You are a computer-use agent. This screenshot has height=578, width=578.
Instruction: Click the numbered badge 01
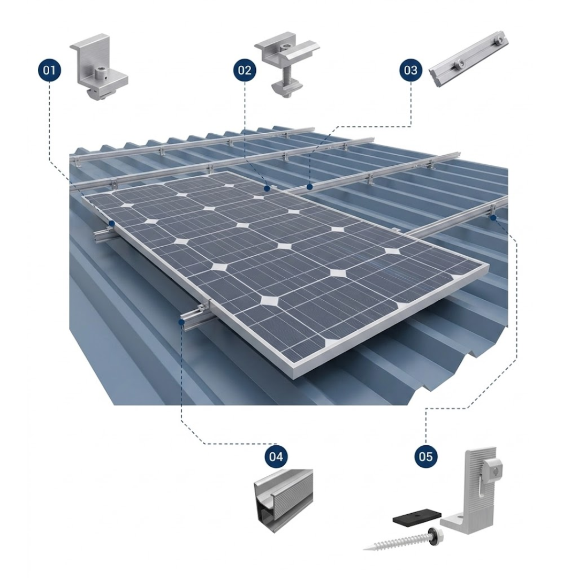pos(49,70)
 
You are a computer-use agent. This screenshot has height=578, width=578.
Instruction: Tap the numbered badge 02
pos(245,70)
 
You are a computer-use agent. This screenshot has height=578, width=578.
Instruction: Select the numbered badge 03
pos(410,70)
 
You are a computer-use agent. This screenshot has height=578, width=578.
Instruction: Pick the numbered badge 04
pos(276,457)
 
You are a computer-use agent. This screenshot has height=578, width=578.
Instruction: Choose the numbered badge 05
pos(426,457)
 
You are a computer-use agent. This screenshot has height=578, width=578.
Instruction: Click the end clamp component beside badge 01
pos(99,68)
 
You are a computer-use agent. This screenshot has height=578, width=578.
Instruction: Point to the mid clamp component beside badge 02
pos(286,66)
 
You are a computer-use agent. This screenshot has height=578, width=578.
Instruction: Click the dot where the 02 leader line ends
pos(267,188)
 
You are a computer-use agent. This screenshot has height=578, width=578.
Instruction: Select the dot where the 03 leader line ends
pos(310,187)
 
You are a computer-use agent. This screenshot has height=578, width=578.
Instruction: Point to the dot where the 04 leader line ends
pos(181,322)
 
